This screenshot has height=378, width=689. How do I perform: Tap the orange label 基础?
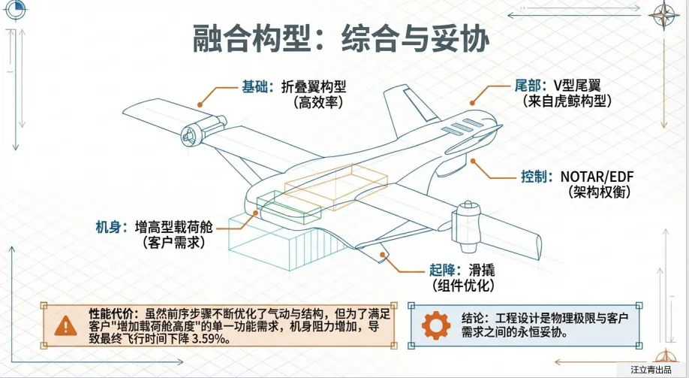coord(254,86)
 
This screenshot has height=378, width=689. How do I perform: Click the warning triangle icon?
coord(68,325)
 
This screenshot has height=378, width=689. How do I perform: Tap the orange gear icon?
coord(436,325)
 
